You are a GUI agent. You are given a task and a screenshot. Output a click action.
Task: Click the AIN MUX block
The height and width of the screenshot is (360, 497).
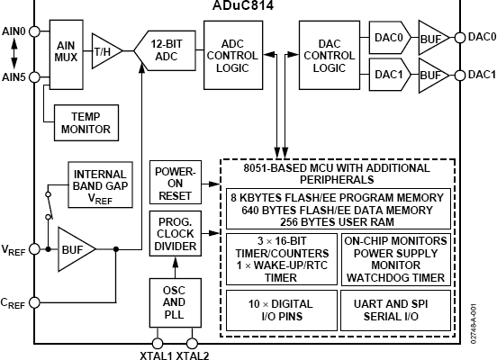(x=67, y=55)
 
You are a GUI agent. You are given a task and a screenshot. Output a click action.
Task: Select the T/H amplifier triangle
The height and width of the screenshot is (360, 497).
(x=105, y=51)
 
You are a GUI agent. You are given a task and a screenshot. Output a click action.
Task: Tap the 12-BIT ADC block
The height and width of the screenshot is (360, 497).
(x=165, y=50)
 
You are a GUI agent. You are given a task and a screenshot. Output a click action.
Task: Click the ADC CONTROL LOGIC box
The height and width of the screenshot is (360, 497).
(x=233, y=55)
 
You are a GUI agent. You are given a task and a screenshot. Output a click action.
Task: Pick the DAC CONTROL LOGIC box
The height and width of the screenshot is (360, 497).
(x=330, y=55)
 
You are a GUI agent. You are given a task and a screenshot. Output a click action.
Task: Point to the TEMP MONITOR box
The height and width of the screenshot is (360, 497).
(x=86, y=122)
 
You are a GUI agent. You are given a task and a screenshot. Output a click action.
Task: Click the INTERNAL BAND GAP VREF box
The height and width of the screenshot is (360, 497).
(x=100, y=184)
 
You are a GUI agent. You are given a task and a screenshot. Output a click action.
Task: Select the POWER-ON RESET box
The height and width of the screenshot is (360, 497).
(x=176, y=182)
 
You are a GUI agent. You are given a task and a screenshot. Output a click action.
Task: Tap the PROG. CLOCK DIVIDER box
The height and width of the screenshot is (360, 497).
(x=176, y=234)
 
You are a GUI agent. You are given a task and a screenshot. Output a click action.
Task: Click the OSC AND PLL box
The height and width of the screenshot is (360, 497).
(x=176, y=302)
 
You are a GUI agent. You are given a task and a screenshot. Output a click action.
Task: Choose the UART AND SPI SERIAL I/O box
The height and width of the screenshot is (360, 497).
(x=395, y=310)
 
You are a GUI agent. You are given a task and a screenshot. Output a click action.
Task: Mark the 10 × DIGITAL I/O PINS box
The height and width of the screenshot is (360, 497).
(x=282, y=310)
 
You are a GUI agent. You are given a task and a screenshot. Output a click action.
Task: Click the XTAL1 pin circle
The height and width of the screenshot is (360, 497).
(x=158, y=343)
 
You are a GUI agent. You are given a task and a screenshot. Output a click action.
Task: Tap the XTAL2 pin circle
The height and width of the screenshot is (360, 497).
(x=192, y=343)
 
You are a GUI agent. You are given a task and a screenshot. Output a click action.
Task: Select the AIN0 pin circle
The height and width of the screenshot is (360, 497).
(x=34, y=31)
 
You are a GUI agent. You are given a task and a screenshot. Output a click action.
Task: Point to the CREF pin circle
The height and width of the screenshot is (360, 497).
(x=34, y=302)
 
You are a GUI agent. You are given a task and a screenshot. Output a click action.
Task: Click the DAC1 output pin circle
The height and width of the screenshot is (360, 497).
(x=459, y=76)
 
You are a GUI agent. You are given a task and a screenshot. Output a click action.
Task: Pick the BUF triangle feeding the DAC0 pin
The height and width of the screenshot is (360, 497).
(x=433, y=38)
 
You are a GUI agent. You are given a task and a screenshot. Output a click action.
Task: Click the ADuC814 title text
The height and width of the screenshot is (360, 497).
(x=243, y=5)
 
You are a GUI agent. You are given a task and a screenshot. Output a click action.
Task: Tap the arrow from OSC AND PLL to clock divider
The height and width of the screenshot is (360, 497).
(x=176, y=267)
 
